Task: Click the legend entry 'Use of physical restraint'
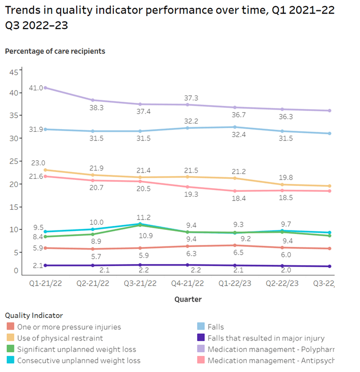[x=59, y=338]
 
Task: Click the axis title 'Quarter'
[x=188, y=299]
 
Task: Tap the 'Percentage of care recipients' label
[x=55, y=51]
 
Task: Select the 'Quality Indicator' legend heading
[x=34, y=315]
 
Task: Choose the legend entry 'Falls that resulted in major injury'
[x=266, y=338]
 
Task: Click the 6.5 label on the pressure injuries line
[x=236, y=253]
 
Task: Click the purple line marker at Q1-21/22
[x=46, y=88]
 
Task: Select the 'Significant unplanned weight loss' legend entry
[x=77, y=349]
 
